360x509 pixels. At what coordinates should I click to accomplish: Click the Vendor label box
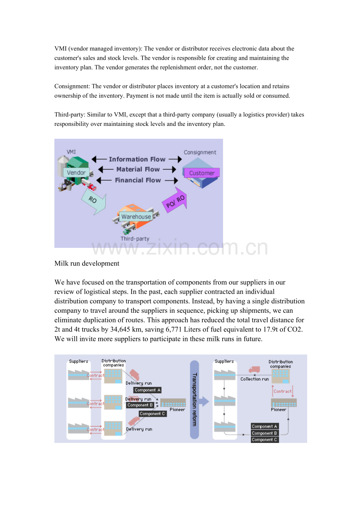76,172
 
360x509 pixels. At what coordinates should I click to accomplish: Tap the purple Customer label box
202,173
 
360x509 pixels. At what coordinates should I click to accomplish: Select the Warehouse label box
136,217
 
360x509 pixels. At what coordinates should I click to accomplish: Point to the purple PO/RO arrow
175,200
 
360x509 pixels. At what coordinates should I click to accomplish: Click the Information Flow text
137,159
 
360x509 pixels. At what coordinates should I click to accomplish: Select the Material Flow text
138,169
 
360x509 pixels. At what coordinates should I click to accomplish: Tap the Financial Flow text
138,180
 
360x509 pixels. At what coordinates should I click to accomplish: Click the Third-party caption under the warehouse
135,238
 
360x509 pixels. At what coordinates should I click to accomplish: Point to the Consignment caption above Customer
200,152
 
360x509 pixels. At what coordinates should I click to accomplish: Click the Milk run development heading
87,263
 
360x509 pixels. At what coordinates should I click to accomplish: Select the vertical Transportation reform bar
194,400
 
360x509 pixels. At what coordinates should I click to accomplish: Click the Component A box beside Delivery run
147,390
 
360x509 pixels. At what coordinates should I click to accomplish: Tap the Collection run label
255,379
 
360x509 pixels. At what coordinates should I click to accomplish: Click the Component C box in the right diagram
265,440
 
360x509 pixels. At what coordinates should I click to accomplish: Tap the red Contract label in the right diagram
283,391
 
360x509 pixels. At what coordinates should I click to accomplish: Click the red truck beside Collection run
254,369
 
